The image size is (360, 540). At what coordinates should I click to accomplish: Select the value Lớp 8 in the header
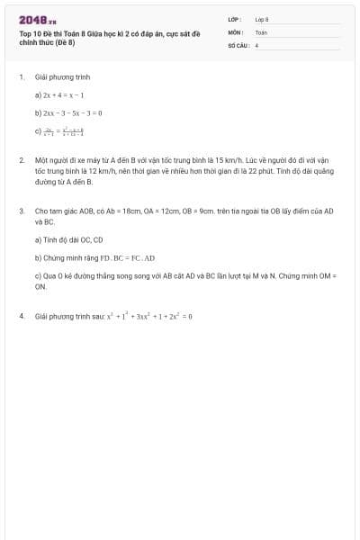(261, 19)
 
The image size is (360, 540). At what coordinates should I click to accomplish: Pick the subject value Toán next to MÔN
(261, 31)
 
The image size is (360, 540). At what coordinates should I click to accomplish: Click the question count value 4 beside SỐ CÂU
(256, 44)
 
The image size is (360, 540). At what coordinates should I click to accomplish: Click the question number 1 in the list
(21, 77)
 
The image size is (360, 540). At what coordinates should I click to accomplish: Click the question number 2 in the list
(21, 159)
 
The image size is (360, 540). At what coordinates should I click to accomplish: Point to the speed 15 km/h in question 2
(237, 159)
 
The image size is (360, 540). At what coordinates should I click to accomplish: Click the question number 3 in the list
(21, 211)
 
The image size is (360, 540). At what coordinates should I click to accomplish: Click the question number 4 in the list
(21, 316)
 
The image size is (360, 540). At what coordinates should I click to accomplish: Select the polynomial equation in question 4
(149, 316)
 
